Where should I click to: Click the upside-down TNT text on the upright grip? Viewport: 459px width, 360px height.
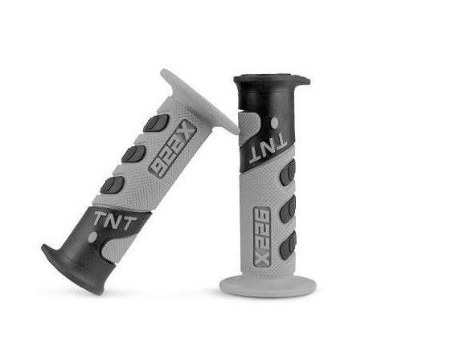[268, 149]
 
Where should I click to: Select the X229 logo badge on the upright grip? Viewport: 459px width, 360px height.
[261, 236]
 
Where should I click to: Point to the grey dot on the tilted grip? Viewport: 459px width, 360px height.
[92, 237]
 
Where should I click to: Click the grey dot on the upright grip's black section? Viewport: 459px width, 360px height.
[275, 123]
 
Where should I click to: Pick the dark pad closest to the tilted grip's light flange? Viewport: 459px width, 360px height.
[156, 123]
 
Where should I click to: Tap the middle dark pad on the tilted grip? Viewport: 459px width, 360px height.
[133, 153]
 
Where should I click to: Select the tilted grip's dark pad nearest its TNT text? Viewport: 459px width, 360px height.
[113, 185]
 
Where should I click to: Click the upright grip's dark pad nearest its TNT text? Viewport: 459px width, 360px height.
[289, 174]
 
